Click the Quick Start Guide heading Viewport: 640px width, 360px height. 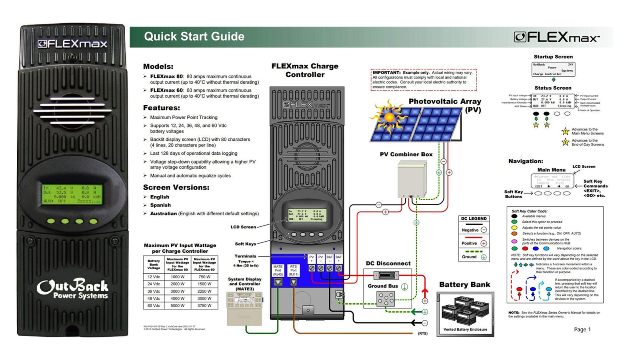click(194, 36)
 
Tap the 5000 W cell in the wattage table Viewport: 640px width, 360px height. click(178, 306)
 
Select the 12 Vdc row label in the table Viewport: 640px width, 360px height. click(154, 277)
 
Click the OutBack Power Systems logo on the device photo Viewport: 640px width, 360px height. click(73, 289)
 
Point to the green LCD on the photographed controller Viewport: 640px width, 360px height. click(72, 194)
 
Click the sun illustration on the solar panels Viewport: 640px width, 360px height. click(388, 117)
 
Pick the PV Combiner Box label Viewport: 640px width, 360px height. click(406, 154)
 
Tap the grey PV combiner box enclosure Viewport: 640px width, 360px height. click(412, 180)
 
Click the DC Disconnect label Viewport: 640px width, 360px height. click(388, 264)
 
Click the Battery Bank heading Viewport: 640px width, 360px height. click(464, 285)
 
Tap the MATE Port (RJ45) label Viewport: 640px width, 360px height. click(278, 270)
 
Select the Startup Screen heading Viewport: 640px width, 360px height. click(553, 57)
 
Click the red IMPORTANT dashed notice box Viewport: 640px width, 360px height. click(424, 80)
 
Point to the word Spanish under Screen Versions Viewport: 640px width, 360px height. click(160, 205)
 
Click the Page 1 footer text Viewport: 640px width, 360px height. click(582, 330)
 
